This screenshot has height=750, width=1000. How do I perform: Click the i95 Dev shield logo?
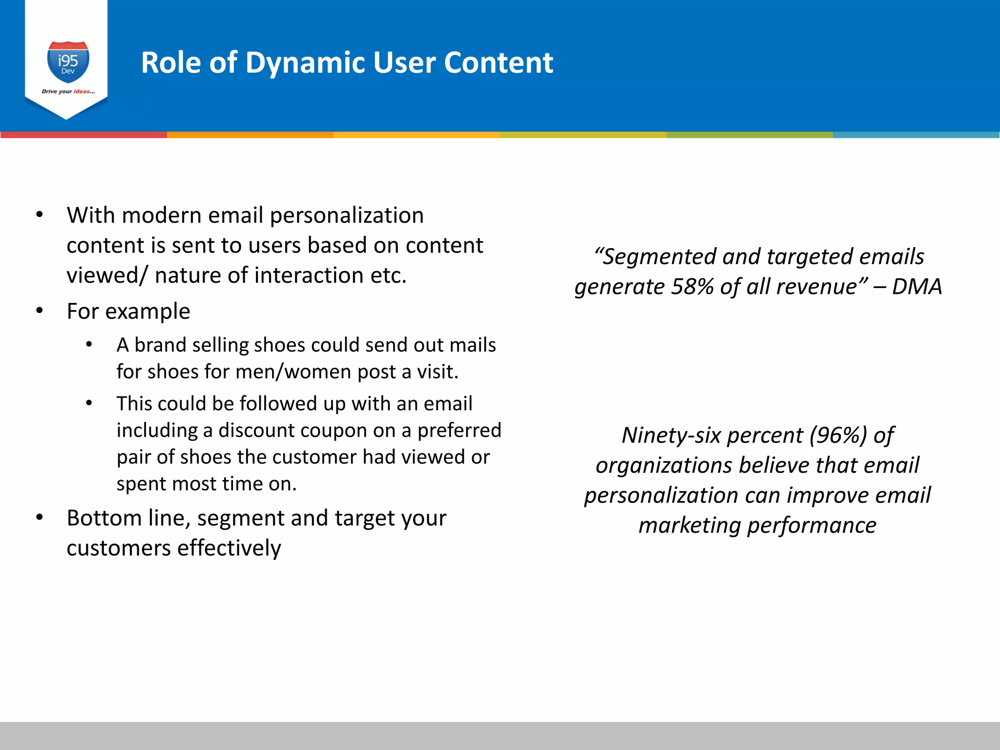[68, 62]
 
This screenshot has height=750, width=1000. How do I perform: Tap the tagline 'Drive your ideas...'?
[68, 91]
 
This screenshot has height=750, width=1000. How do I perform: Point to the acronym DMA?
[917, 287]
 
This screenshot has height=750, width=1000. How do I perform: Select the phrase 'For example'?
[128, 312]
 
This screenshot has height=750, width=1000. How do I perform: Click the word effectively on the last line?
[229, 548]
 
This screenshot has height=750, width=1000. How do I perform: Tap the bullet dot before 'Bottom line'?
[40, 518]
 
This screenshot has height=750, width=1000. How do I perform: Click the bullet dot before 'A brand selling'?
[89, 345]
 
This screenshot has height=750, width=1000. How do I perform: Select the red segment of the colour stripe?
[83, 135]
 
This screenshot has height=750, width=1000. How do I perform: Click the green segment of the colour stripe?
[750, 135]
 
